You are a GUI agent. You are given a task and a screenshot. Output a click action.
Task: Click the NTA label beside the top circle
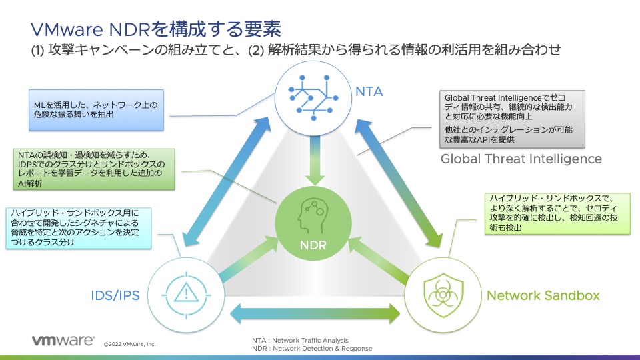(x=369, y=91)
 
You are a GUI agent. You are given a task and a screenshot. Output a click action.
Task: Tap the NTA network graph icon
(x=313, y=97)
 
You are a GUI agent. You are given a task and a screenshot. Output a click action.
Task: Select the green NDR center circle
(x=313, y=223)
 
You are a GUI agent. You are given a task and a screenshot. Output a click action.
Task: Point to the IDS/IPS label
(x=115, y=295)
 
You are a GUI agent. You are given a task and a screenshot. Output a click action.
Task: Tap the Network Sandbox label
(x=543, y=295)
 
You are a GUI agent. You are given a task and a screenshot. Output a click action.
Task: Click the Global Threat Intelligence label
(x=521, y=159)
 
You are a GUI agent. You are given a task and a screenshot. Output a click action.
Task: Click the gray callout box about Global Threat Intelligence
(x=512, y=119)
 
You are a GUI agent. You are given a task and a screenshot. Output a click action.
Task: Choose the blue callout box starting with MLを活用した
(x=96, y=110)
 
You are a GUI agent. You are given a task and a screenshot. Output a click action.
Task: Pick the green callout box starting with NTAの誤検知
(x=94, y=169)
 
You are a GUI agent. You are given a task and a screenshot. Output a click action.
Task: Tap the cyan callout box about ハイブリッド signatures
(x=79, y=228)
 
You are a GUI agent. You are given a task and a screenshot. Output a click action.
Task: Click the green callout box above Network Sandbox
(x=557, y=213)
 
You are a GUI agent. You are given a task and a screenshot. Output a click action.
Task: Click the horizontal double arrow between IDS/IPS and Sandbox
(x=315, y=313)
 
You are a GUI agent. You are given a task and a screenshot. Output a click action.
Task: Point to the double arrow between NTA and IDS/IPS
(x=227, y=181)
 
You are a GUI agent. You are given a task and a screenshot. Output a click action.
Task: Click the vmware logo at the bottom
(x=63, y=341)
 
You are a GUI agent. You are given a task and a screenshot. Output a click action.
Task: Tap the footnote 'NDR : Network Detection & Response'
(x=312, y=349)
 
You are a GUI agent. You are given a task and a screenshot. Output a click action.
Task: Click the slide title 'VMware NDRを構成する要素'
(x=155, y=29)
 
